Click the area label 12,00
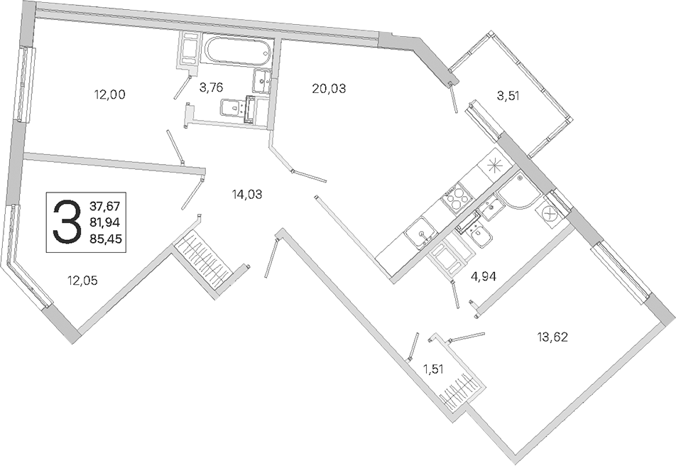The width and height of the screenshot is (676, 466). pyautogui.click(x=111, y=94)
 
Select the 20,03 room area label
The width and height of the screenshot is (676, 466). pyautogui.click(x=328, y=89)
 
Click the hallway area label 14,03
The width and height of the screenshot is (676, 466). pyautogui.click(x=247, y=193)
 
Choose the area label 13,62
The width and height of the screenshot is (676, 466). pyautogui.click(x=554, y=336)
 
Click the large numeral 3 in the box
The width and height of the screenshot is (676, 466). pyautogui.click(x=67, y=222)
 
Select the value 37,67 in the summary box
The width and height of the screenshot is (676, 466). pyautogui.click(x=107, y=207)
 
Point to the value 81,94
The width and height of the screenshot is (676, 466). pyautogui.click(x=107, y=222)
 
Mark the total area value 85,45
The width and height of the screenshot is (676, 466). pyautogui.click(x=107, y=239)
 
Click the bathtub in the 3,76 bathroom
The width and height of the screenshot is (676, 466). pyautogui.click(x=237, y=52)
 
